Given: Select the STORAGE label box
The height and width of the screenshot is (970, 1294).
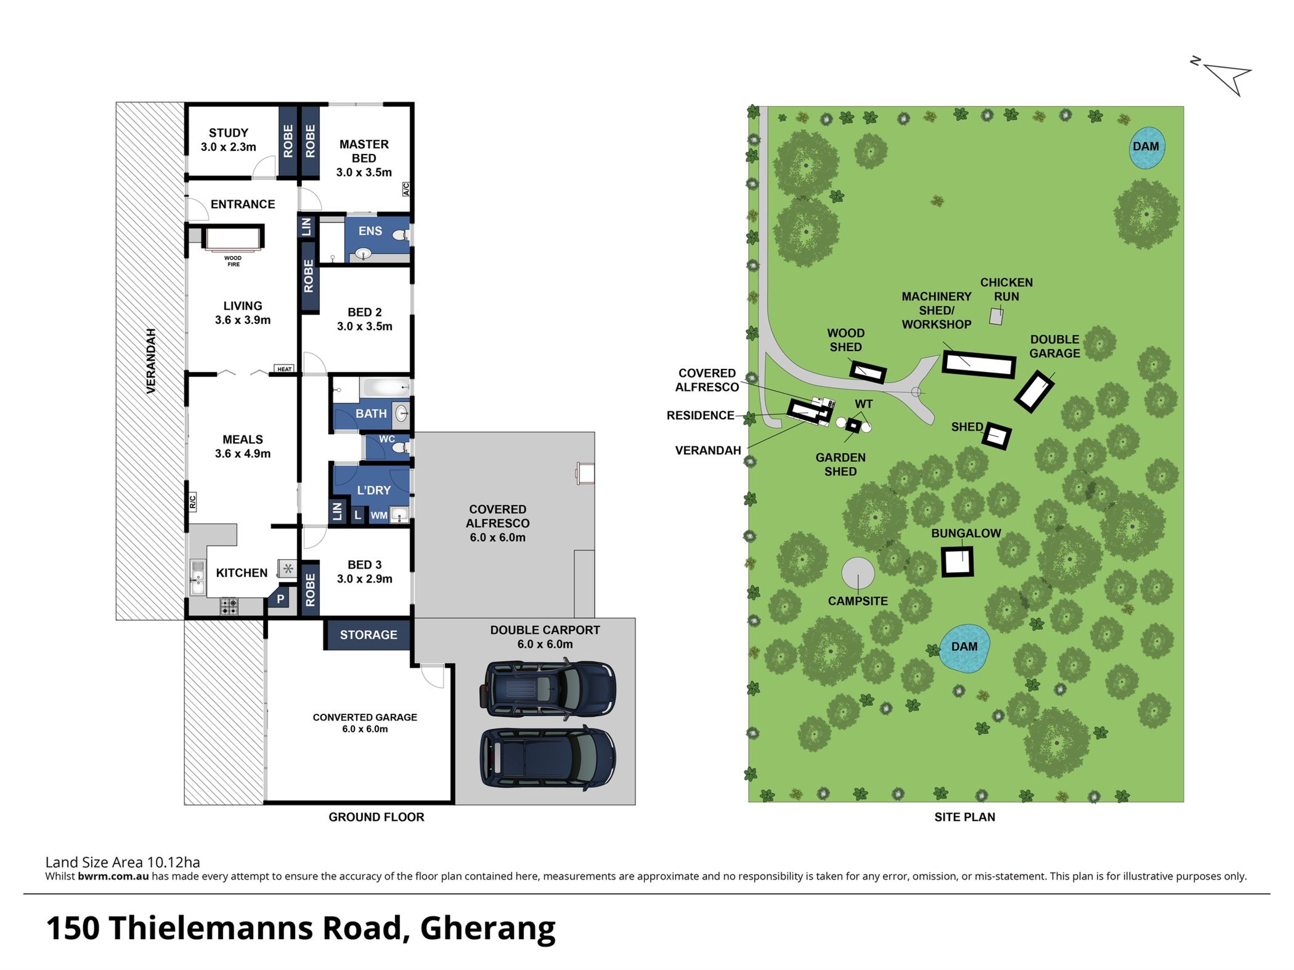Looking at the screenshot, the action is tap(369, 634).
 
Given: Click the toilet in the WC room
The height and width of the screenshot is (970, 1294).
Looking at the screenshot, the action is tap(400, 448).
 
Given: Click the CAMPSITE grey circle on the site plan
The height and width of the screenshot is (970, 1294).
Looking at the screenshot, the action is tap(858, 573).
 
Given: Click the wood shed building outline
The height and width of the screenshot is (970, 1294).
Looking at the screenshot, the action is tap(868, 372).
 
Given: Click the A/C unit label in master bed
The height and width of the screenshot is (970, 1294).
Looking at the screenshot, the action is tap(406, 189).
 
